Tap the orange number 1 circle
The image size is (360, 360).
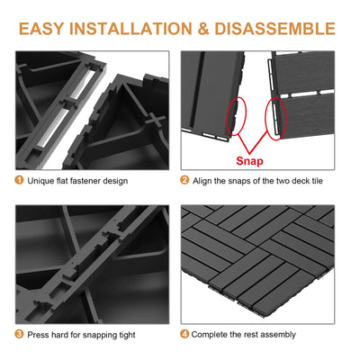(20, 181)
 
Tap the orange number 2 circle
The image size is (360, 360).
(184, 181)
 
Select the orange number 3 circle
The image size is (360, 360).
(20, 335)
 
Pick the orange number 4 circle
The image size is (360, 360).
(184, 335)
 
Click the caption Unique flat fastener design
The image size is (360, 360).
(77, 181)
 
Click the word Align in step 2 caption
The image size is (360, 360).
(203, 181)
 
